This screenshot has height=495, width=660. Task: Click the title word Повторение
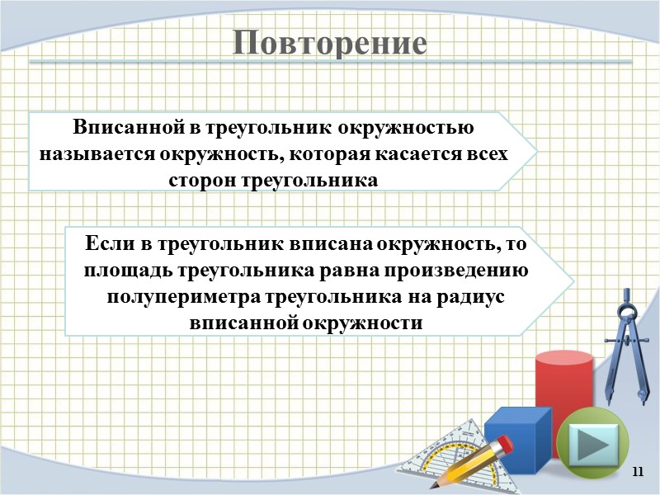(329, 42)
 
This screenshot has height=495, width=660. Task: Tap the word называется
(94, 154)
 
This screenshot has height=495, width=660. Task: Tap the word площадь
(125, 270)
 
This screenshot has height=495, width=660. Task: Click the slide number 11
(636, 471)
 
